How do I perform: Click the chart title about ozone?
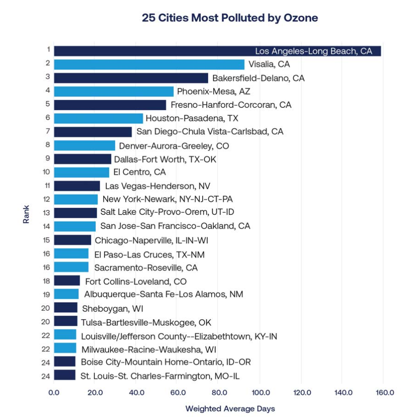[x=230, y=18]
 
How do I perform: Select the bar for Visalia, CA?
[x=149, y=64]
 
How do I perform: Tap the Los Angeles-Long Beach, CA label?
[x=314, y=51]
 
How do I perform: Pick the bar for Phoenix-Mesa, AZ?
[x=114, y=91]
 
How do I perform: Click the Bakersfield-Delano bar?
[x=131, y=78]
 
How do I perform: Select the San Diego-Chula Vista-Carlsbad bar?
[x=93, y=132]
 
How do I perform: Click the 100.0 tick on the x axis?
[x=260, y=393]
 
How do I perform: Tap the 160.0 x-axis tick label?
[x=385, y=393]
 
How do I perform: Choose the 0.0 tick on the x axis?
[x=54, y=393]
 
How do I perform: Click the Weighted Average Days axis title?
[x=230, y=408]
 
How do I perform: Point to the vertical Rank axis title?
[x=26, y=213]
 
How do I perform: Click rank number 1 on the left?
[x=47, y=50]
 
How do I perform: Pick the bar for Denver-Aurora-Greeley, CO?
[x=84, y=145]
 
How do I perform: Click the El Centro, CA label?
[x=139, y=172]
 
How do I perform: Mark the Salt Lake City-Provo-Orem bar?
[x=75, y=212]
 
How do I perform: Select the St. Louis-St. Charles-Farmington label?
[x=160, y=376]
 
